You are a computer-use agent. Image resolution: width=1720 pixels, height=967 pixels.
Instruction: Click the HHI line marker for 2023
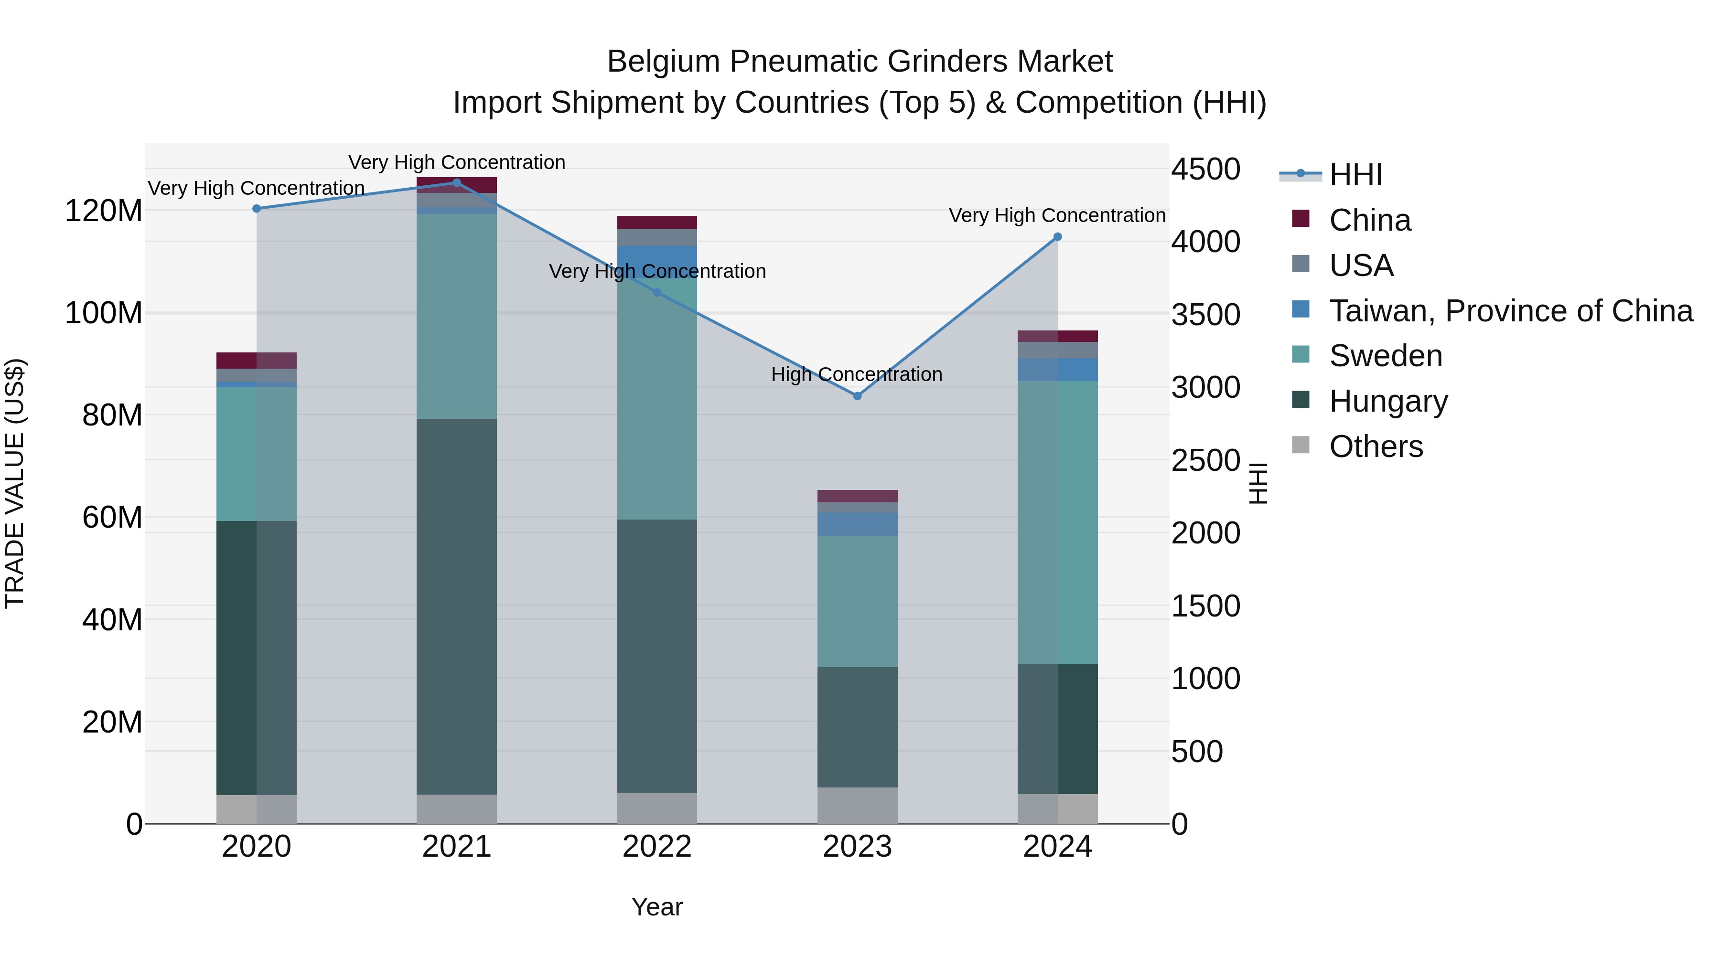[x=857, y=396]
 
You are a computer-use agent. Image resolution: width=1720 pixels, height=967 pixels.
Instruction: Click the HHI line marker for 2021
[x=457, y=182]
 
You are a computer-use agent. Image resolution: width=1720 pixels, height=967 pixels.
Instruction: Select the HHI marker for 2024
[x=1058, y=237]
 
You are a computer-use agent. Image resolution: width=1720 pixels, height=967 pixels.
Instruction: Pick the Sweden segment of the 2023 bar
[x=857, y=601]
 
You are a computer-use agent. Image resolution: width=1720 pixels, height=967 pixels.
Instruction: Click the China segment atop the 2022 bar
[x=657, y=222]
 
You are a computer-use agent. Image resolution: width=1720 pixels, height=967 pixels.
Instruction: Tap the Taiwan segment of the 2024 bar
[x=1058, y=370]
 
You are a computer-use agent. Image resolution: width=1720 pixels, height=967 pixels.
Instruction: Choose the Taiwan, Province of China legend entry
[x=1510, y=310]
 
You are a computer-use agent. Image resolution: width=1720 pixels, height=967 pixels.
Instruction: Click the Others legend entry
[x=1376, y=446]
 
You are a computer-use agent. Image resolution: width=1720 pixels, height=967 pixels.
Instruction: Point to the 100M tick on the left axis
[x=104, y=313]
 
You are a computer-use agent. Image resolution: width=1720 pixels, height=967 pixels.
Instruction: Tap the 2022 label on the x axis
[x=657, y=847]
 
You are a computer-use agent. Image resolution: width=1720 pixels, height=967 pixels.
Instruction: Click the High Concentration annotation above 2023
[x=857, y=374]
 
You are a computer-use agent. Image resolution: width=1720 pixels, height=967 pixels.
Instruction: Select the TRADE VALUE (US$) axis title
[x=15, y=483]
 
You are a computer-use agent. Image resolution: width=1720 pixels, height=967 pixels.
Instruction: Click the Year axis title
[x=657, y=907]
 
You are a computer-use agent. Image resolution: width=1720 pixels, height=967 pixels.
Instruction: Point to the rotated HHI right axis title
[x=1258, y=483]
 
